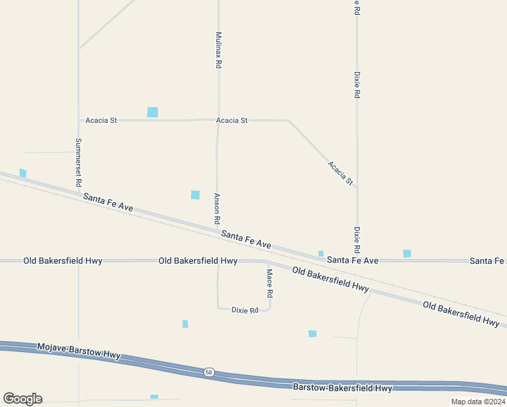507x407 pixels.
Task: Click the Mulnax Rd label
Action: coord(218,50)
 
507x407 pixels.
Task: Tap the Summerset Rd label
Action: coord(79,163)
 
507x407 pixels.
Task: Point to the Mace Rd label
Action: coord(269,284)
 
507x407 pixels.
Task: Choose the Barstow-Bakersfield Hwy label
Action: coord(342,388)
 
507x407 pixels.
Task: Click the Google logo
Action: coord(22,398)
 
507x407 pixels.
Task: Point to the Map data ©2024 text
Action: coord(477,402)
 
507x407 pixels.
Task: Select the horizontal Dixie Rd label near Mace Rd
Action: coord(245,310)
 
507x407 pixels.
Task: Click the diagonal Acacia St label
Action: coord(340,173)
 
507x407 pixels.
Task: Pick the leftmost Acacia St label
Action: coord(101,121)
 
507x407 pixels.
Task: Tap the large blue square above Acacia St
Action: coord(153,112)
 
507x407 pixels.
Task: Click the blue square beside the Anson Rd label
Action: coord(195,195)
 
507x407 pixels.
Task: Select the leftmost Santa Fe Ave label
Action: coord(108,202)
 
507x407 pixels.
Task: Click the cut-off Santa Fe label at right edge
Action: coord(488,260)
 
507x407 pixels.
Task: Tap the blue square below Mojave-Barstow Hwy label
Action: coord(154,397)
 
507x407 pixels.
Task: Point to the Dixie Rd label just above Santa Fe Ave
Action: coord(357,239)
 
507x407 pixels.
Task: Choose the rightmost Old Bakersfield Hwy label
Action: coord(461,314)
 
